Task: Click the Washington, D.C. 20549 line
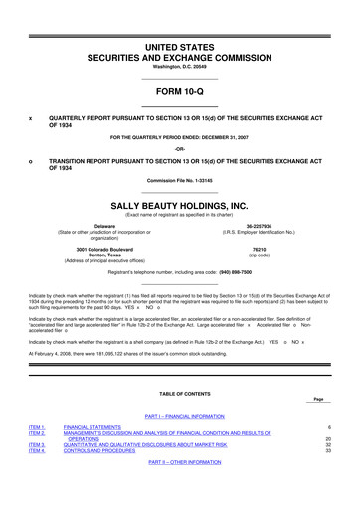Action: (x=179, y=38)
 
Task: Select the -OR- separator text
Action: (x=179, y=150)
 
